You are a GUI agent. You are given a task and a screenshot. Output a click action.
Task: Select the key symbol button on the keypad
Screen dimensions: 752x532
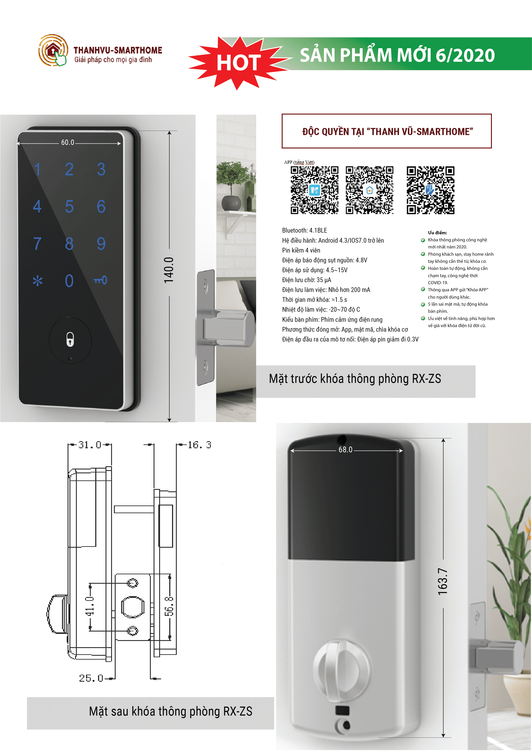pyautogui.click(x=100, y=280)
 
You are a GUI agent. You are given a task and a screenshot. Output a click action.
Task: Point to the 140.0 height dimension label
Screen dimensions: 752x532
pyautogui.click(x=169, y=270)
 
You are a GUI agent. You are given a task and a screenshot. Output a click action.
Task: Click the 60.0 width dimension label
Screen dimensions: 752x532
pyautogui.click(x=68, y=143)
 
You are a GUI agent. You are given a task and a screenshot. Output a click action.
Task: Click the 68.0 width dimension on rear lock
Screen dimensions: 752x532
pyautogui.click(x=346, y=450)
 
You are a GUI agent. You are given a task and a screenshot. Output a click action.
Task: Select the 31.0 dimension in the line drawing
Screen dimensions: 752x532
pyautogui.click(x=89, y=445)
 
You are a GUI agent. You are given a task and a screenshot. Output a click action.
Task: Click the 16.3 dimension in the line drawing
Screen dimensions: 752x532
pyautogui.click(x=199, y=445)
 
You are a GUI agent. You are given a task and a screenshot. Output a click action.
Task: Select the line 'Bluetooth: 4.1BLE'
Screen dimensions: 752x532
pyautogui.click(x=305, y=230)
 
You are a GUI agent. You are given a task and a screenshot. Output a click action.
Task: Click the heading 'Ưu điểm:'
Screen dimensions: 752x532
pyautogui.click(x=437, y=233)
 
